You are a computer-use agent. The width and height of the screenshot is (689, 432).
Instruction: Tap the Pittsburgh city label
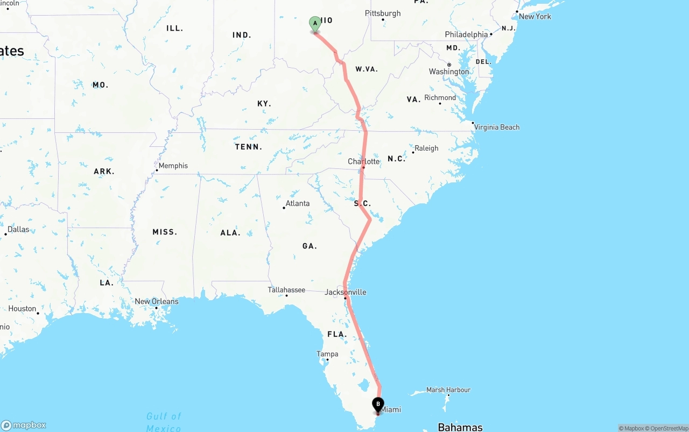(x=383, y=13)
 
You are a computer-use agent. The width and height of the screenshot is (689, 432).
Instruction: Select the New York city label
(x=535, y=17)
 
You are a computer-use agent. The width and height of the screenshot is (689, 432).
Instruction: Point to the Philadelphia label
(x=466, y=34)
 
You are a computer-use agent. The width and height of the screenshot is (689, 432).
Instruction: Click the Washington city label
(x=448, y=72)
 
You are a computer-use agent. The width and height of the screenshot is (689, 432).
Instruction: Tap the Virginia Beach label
(x=496, y=128)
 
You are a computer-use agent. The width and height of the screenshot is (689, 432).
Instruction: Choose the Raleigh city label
(x=426, y=148)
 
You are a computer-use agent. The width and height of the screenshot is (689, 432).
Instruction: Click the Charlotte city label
(x=364, y=161)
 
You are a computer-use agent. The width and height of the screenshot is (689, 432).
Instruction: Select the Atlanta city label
(x=297, y=203)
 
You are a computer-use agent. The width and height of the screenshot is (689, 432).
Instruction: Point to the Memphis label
(x=173, y=166)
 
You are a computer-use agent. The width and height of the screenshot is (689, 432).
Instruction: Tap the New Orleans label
(x=156, y=302)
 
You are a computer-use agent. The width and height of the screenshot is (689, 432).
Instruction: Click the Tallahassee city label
(x=286, y=290)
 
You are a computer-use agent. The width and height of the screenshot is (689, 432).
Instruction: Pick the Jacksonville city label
(x=346, y=292)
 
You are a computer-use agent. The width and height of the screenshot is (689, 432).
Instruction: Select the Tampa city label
(x=327, y=354)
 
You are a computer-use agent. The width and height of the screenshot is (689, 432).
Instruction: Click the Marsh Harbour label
(x=448, y=390)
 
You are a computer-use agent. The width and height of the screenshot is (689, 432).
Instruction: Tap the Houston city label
(x=23, y=309)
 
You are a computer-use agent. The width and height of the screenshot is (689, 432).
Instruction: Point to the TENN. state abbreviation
(x=248, y=147)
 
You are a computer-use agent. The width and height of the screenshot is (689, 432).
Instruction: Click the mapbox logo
(x=24, y=425)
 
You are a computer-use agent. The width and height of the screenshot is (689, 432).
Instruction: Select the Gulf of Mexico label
(x=164, y=422)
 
